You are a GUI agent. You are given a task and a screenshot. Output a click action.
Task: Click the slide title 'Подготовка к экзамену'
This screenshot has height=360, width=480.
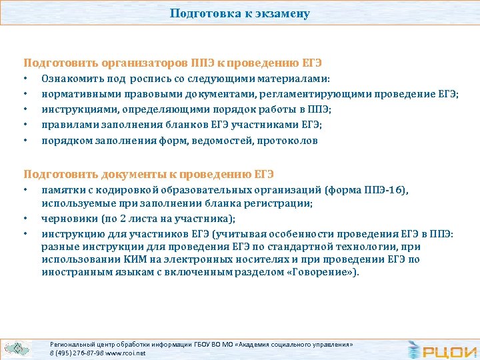[x=239, y=13]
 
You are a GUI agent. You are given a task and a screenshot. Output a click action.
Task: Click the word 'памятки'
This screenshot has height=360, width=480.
[x=61, y=190]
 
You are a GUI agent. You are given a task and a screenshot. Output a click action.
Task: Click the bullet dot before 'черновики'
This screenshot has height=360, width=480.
[x=26, y=219]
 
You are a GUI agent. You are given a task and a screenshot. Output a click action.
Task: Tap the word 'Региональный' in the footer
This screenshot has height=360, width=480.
[x=71, y=344]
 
